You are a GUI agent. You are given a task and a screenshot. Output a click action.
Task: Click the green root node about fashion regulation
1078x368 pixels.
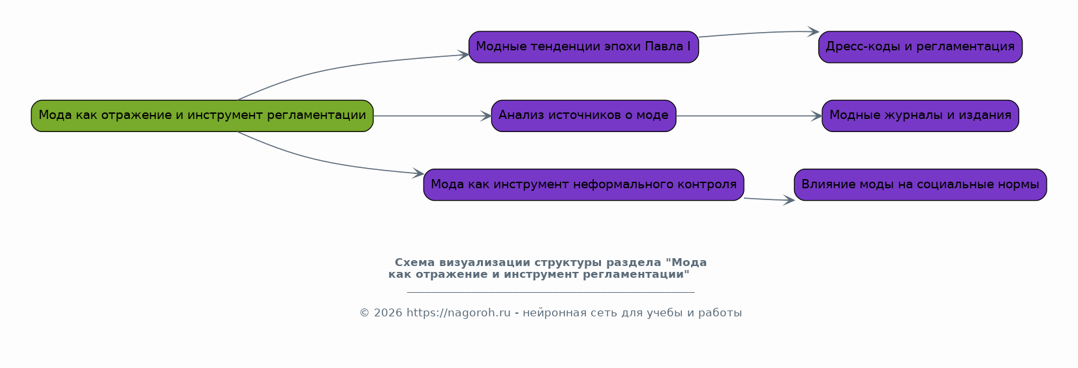click(202, 116)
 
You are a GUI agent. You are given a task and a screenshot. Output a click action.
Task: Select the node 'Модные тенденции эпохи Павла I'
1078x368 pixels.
click(583, 47)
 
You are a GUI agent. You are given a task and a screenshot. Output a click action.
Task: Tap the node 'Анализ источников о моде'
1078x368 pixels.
click(583, 116)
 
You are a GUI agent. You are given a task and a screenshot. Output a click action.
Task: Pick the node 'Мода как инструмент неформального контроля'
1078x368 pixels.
click(583, 185)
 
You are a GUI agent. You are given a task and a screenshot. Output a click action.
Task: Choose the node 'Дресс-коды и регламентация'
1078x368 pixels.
click(920, 47)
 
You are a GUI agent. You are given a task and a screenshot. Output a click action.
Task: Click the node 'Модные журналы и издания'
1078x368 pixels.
click(920, 116)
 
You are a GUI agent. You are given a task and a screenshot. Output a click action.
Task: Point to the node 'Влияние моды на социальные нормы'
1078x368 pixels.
click(920, 185)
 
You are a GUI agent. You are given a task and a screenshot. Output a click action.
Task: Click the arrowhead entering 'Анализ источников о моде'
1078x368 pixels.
click(486, 116)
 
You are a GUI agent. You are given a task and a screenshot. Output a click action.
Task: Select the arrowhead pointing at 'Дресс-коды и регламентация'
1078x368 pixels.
click(813, 32)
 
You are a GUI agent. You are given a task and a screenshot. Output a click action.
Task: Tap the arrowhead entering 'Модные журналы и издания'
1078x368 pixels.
click(817, 116)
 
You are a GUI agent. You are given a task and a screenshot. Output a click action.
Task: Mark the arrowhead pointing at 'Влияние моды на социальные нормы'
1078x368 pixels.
click(789, 199)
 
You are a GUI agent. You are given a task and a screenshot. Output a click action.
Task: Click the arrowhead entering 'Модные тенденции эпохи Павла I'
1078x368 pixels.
click(463, 55)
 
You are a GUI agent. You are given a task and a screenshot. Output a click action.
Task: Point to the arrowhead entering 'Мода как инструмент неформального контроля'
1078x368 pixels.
click(418, 173)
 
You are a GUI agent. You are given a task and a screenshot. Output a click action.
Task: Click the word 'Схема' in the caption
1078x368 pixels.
click(415, 263)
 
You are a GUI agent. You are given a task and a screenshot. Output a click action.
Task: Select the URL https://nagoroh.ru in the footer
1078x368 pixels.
click(458, 313)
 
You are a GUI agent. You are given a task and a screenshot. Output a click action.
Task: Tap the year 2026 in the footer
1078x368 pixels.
click(388, 313)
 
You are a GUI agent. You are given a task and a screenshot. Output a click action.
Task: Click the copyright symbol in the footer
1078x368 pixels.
click(364, 313)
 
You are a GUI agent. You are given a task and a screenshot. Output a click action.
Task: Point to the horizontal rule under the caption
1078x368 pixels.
click(551, 292)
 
